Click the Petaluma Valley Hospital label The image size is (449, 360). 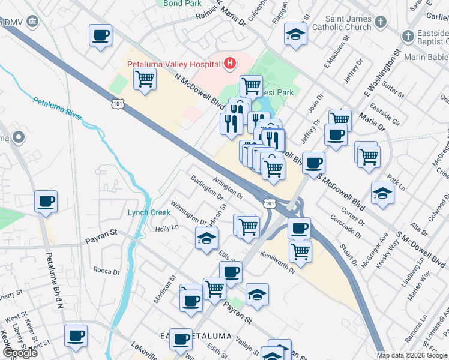173,64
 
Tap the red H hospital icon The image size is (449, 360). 229,63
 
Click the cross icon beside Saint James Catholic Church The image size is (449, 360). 379,23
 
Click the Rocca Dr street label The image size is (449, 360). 107,271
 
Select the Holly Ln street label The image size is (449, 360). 167,228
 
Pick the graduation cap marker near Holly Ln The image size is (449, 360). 206,238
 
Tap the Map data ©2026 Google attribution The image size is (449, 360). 412,355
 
